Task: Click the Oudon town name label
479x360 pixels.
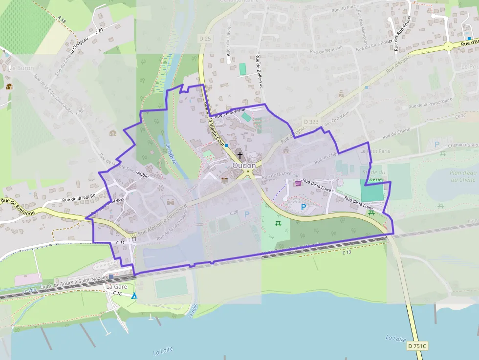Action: pyautogui.click(x=244, y=166)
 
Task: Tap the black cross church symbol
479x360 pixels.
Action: pyautogui.click(x=239, y=155)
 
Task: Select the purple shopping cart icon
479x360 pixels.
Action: pyautogui.click(x=298, y=183)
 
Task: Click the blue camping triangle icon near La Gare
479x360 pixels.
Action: pyautogui.click(x=134, y=296)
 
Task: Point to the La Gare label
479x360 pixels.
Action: pyautogui.click(x=116, y=287)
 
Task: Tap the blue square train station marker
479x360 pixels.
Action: pyautogui.click(x=111, y=276)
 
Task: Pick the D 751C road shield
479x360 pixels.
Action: pyautogui.click(x=417, y=346)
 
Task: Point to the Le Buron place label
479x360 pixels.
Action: pyautogui.click(x=22, y=68)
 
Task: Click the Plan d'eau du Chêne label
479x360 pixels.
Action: pyautogui.click(x=462, y=176)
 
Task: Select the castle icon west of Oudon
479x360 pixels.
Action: pyautogui.click(x=171, y=201)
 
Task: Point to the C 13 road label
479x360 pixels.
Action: pyautogui.click(x=347, y=252)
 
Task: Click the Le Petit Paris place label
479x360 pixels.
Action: pyautogui.click(x=375, y=151)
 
